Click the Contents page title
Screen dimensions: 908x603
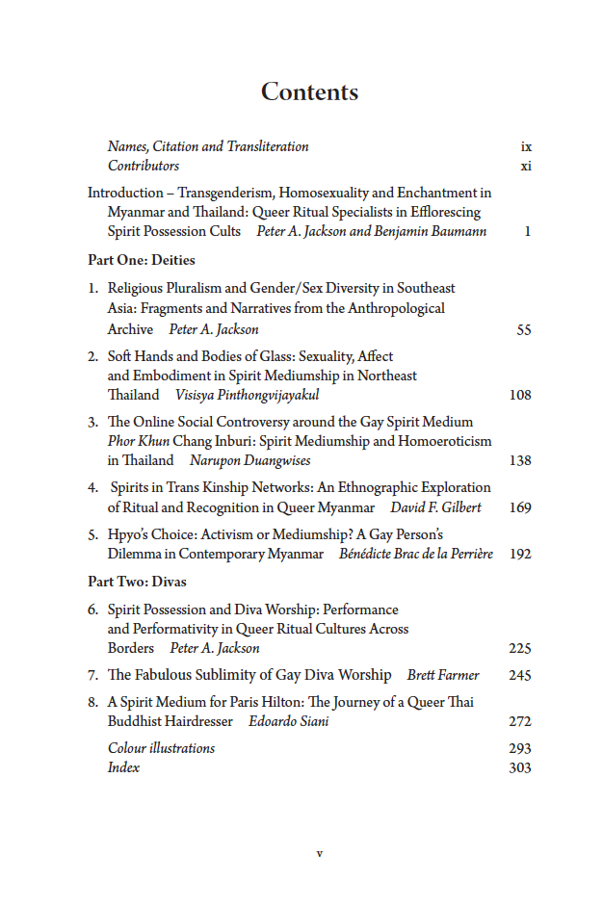(x=309, y=92)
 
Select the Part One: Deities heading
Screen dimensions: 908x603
(x=141, y=260)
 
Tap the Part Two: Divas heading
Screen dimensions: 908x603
(x=137, y=582)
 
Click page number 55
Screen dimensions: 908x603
(x=523, y=330)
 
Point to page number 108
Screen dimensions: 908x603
(x=519, y=395)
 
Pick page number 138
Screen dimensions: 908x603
(x=519, y=460)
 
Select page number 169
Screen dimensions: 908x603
(x=519, y=507)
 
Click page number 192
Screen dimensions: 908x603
(x=519, y=554)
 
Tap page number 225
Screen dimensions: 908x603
(x=519, y=648)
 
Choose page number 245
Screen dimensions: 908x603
(x=519, y=675)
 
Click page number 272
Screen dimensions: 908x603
(x=519, y=721)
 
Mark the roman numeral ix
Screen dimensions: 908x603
(x=526, y=147)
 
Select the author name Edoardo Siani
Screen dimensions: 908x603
(x=288, y=721)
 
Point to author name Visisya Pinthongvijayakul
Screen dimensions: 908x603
(x=247, y=395)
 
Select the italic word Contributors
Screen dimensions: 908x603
(x=144, y=166)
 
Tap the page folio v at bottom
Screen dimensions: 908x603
(x=319, y=853)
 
